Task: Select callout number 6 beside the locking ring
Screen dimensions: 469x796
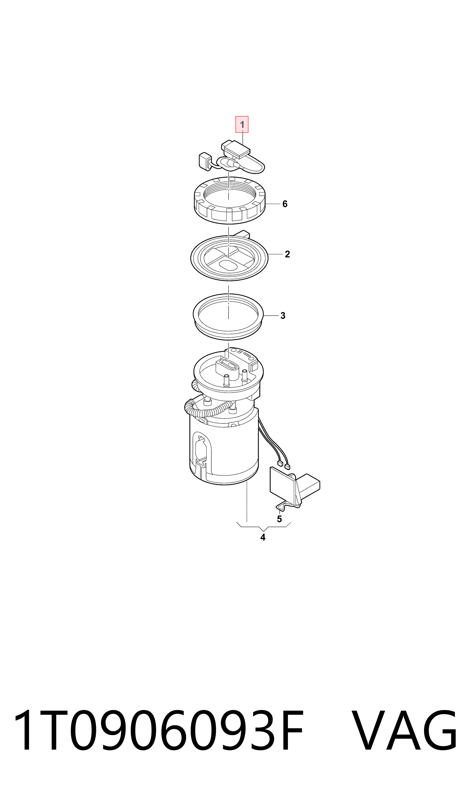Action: (285, 204)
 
